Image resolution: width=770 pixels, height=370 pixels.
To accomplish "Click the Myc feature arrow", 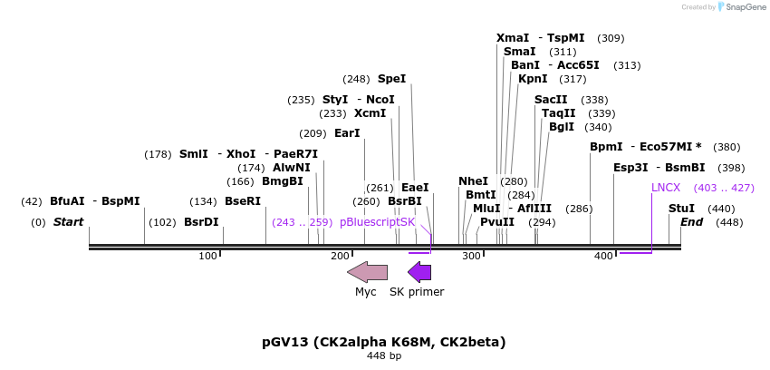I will point(367,271).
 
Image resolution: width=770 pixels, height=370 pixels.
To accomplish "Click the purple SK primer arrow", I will point(419,271).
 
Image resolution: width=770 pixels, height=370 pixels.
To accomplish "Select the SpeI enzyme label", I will point(391,79).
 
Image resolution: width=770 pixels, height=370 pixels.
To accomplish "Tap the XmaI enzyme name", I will point(513,38).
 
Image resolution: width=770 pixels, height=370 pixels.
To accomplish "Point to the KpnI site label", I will point(533,79).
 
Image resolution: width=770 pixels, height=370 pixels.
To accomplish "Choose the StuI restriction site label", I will point(681,209).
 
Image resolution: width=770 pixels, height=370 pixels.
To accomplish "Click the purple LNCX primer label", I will point(666,188).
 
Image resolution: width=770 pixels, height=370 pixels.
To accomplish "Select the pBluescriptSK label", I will point(377,222).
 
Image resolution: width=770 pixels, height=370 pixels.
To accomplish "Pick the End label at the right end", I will point(691,222).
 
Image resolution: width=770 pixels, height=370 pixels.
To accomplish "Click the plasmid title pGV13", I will point(383,342).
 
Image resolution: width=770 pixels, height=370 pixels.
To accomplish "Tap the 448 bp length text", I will point(384,355).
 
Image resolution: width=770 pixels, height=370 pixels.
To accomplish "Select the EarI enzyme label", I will point(347,133).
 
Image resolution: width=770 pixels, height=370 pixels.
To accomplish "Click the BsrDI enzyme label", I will point(201,222).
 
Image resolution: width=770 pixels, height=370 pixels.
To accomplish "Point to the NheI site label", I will point(473,181).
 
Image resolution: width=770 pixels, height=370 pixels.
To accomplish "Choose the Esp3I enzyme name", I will point(630,168).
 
